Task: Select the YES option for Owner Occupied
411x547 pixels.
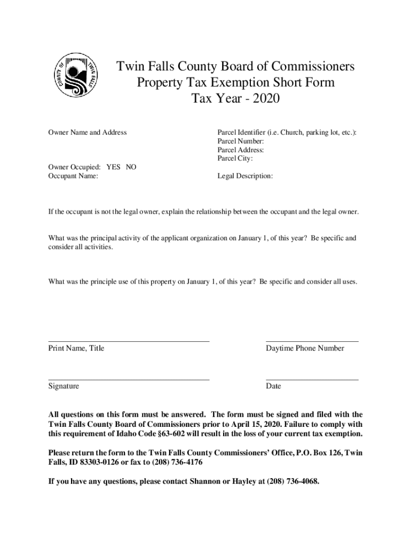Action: [x=113, y=167]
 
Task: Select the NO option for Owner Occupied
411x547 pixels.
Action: [x=131, y=167]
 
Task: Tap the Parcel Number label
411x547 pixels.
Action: [x=240, y=141]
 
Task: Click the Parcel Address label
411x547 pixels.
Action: [x=241, y=150]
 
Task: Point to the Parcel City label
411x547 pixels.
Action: [x=235, y=158]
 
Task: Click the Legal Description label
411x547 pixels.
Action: [x=245, y=175]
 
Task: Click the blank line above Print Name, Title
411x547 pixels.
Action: [x=129, y=341]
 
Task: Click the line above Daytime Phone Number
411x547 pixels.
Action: [x=312, y=341]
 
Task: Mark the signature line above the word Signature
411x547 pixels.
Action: [x=129, y=379]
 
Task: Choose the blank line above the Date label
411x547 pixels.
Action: [x=312, y=379]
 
